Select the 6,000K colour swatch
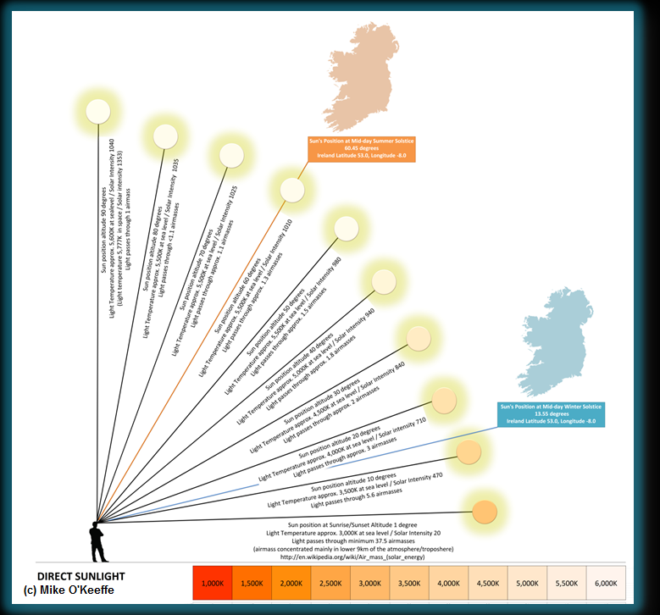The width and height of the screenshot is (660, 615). point(607,583)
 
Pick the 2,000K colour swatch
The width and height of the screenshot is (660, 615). point(291,583)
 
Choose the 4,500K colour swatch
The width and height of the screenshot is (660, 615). point(489,583)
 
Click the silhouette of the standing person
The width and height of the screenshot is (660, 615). point(97,537)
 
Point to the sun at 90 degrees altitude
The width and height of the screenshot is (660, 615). point(99,112)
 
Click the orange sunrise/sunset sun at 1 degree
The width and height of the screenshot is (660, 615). point(484,512)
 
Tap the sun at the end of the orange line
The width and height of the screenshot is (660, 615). point(292,189)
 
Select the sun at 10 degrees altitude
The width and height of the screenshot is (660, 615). point(469,452)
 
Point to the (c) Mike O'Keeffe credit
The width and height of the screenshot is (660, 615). point(71,589)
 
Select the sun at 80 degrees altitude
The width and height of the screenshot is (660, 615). point(164,136)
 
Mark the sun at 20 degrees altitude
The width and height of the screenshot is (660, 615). point(444,400)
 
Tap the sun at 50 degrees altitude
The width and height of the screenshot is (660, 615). point(347,229)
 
